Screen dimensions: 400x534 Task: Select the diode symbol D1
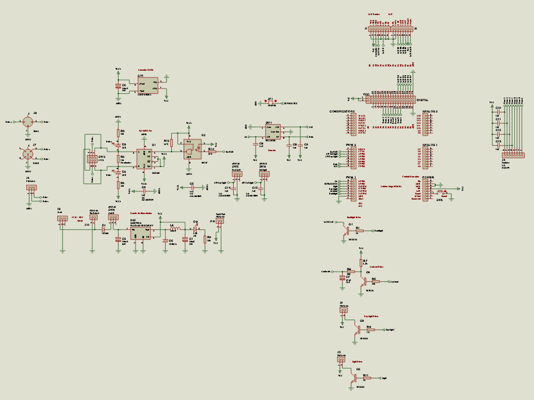[x=103, y=229]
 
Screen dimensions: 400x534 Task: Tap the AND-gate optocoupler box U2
[x=192, y=149]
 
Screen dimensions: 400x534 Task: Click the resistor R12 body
[x=172, y=143]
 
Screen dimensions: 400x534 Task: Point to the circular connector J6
[x=28, y=122]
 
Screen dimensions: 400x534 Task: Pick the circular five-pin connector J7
[x=28, y=154]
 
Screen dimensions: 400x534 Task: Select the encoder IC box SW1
[x=273, y=132]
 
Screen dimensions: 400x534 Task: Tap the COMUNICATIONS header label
[x=342, y=111]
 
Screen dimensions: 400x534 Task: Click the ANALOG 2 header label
[x=430, y=111]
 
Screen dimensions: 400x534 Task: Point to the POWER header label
[x=428, y=177]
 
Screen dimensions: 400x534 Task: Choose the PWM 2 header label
[x=351, y=145]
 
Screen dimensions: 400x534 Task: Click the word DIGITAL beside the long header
[x=422, y=100]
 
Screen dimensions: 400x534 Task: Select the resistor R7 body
[x=361, y=263]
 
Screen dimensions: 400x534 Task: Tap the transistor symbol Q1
[x=346, y=231]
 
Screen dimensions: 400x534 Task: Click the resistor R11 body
[x=367, y=378]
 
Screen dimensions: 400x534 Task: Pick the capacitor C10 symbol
[x=498, y=112]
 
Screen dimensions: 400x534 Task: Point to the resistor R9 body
[x=205, y=239]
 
